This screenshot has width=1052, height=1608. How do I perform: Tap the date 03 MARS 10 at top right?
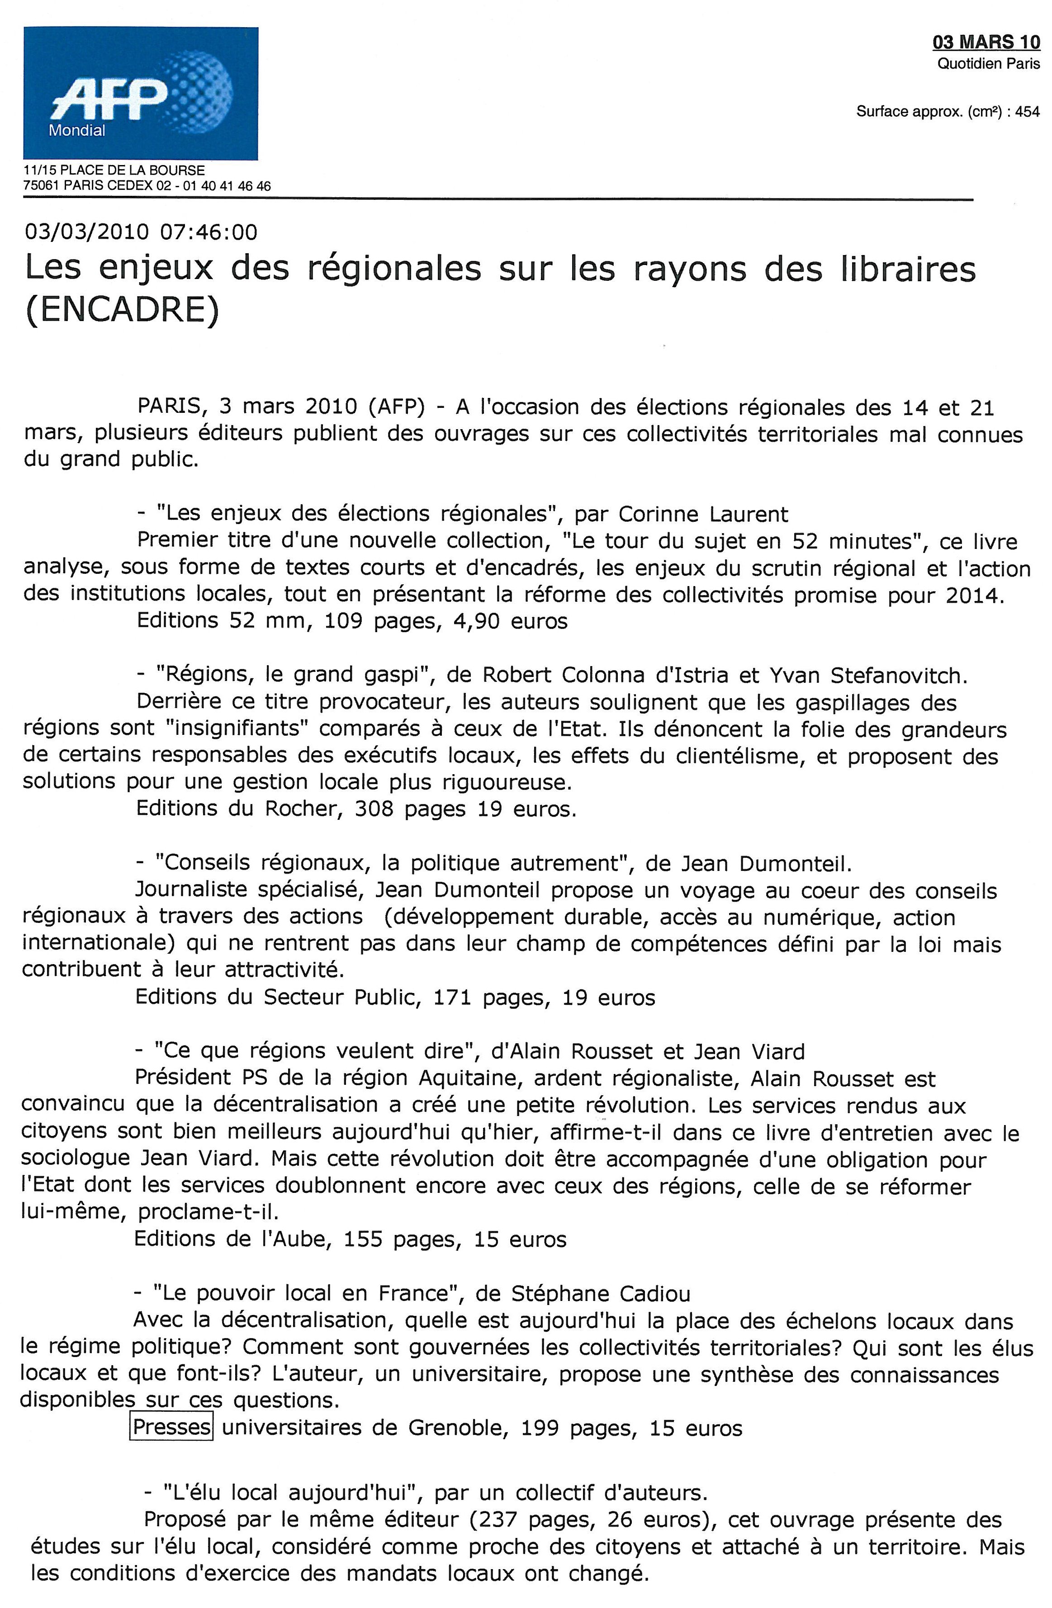(x=986, y=43)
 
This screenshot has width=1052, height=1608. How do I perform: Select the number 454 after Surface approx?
(x=1027, y=112)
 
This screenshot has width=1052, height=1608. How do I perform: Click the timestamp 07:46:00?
(x=209, y=232)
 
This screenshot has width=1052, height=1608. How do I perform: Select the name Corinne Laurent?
(x=703, y=515)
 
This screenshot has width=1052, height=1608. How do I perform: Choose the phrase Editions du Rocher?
(x=237, y=809)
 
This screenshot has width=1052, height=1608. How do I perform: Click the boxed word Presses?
(x=171, y=1427)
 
